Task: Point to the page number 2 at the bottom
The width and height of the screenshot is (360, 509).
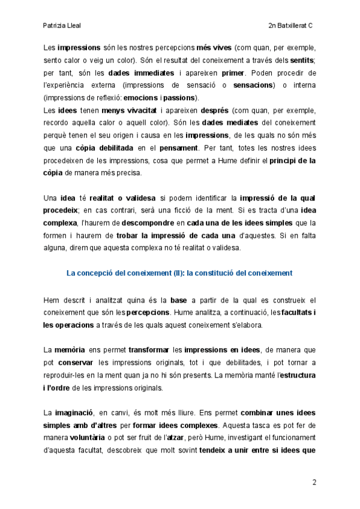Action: click(314, 482)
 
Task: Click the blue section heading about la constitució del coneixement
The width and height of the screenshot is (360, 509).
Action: click(179, 273)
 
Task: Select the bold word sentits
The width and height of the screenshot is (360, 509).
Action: click(302, 60)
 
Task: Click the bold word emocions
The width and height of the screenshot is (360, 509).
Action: click(140, 98)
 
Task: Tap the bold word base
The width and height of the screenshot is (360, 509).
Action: click(179, 300)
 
